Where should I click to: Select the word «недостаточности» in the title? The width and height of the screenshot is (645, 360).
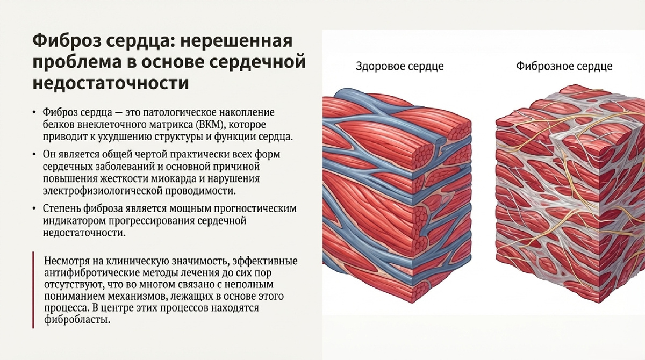coord(111,83)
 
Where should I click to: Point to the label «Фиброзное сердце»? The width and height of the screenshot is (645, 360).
coord(564,67)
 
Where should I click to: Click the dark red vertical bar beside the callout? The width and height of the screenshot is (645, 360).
coord(33,290)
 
